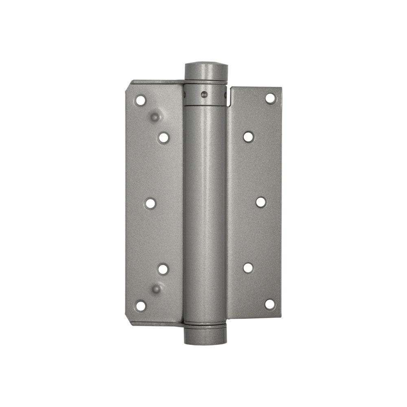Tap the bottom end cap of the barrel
click(205, 336)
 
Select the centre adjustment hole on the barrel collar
click(204, 95)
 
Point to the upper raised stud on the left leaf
click(155, 117)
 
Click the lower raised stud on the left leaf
click(156, 289)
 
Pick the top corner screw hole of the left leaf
click(140, 100)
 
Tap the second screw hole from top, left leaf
click(164, 138)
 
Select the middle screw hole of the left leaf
click(151, 203)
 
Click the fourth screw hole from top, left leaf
click(163, 269)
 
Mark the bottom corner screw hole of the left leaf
click(140, 305)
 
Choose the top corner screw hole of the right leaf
click(270, 98)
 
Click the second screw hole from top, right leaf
click(248, 136)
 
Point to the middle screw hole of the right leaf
click(261, 202)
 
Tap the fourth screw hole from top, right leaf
click(248, 267)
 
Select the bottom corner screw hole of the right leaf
click(270, 304)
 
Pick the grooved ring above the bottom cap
click(205, 324)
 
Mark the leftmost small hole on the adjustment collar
click(185, 95)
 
